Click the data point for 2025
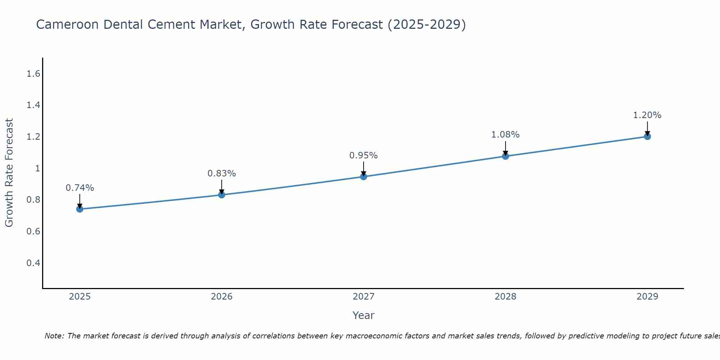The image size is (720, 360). (x=80, y=209)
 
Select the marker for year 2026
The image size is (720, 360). (x=222, y=195)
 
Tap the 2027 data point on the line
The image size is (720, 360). (x=364, y=176)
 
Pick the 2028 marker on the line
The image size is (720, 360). (x=505, y=156)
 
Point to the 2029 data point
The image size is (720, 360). (x=647, y=136)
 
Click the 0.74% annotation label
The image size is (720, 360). (x=80, y=188)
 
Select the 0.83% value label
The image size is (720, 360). (x=222, y=174)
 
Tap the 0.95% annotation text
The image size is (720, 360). (x=364, y=156)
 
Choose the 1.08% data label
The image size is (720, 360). (x=505, y=135)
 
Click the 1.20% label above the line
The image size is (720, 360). (x=647, y=115)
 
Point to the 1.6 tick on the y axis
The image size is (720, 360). (x=33, y=74)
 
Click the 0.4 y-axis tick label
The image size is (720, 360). (x=33, y=263)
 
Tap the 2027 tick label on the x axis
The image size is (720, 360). (x=364, y=297)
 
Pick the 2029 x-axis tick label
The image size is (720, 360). (x=647, y=297)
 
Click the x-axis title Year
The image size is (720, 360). (x=364, y=315)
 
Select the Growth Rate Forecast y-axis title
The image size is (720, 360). (x=9, y=173)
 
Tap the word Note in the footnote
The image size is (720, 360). (x=54, y=336)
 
